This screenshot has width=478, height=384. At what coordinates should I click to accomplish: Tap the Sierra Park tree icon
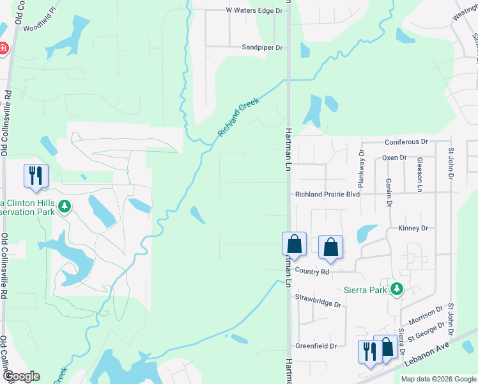(397, 289)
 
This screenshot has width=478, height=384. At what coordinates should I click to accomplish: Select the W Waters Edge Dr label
(254, 11)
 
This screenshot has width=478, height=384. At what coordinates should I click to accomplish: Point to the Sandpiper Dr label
(262, 47)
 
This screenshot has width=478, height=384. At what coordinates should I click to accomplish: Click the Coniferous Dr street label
(406, 141)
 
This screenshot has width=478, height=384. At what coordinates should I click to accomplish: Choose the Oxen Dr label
(394, 157)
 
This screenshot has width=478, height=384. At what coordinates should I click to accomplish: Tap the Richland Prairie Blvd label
(327, 194)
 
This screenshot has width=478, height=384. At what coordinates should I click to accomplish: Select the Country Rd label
(312, 272)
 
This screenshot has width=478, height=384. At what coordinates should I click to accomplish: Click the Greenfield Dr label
(316, 346)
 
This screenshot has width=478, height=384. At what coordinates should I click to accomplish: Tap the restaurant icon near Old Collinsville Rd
(35, 175)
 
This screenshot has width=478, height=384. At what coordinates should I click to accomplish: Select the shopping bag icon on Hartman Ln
(294, 244)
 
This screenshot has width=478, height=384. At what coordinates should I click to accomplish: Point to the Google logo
(22, 376)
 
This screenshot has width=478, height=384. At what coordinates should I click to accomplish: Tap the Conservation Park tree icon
(64, 206)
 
